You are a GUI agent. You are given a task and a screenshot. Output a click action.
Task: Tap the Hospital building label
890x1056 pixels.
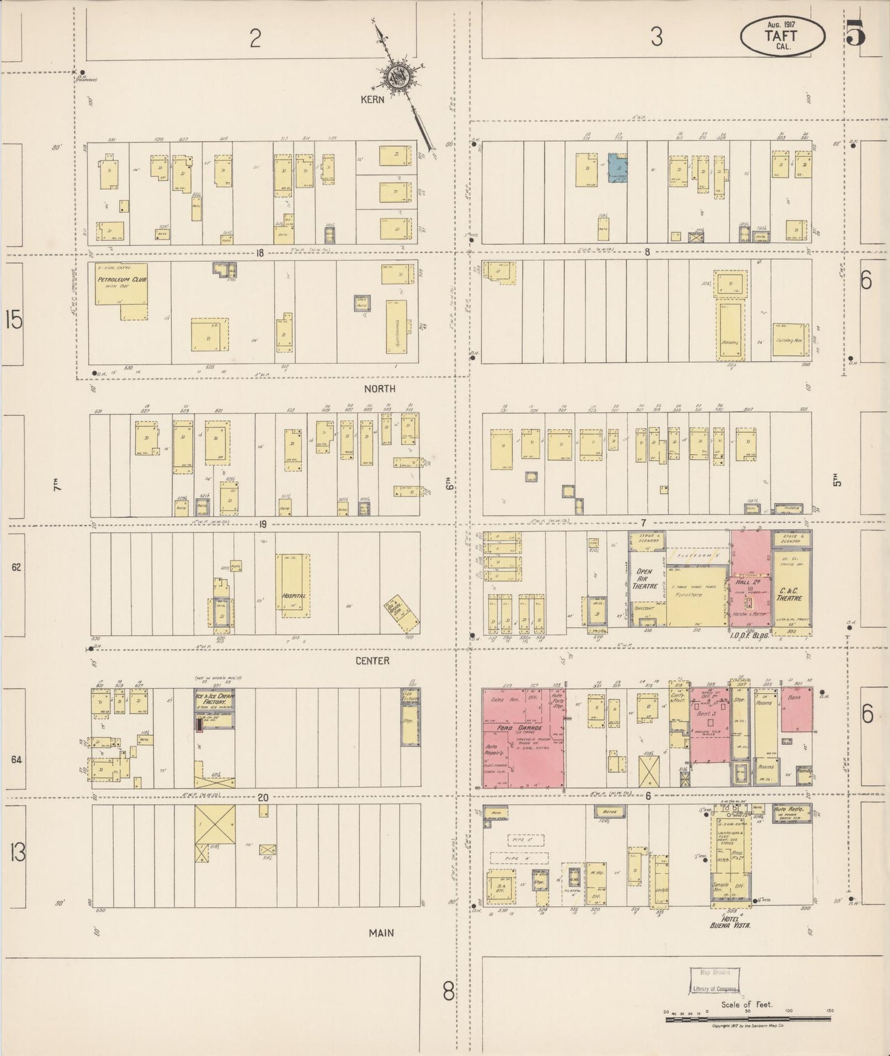(x=293, y=596)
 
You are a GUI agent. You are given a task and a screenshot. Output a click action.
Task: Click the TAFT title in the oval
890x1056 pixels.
(x=781, y=35)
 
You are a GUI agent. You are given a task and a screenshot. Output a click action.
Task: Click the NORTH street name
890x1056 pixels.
(x=379, y=389)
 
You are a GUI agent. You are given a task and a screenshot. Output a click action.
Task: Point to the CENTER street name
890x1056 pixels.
(x=373, y=660)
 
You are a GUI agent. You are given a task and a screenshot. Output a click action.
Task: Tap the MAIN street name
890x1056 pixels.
(x=381, y=933)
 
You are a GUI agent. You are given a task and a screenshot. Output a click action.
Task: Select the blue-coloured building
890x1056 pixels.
(x=618, y=168)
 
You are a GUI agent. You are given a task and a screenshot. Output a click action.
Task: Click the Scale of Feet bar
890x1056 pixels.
(x=748, y=1020)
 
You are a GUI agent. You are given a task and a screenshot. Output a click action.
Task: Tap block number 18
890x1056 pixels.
(x=260, y=252)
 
